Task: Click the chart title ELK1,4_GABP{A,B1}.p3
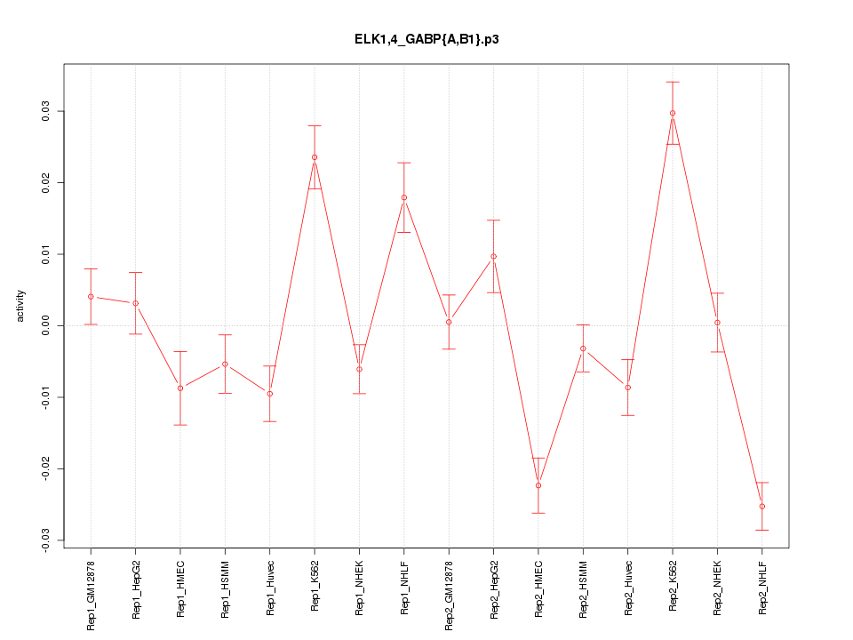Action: pos(426,39)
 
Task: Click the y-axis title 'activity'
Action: pos(21,307)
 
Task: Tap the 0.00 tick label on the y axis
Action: pos(45,325)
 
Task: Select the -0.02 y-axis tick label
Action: pos(45,468)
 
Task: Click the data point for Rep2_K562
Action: pos(673,113)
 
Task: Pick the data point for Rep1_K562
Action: pos(315,157)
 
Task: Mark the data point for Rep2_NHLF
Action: pos(762,507)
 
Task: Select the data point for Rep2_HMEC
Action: pos(538,485)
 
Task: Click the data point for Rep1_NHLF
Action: pos(404,197)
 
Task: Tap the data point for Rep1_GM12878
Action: pos(91,296)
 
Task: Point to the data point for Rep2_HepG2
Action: pos(494,256)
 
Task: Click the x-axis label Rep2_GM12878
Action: pos(449,595)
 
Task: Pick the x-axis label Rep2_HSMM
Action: pos(584,589)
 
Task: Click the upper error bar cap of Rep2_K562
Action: pos(673,82)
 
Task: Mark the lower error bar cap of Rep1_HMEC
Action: pos(180,425)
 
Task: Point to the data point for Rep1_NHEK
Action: pos(359,369)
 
